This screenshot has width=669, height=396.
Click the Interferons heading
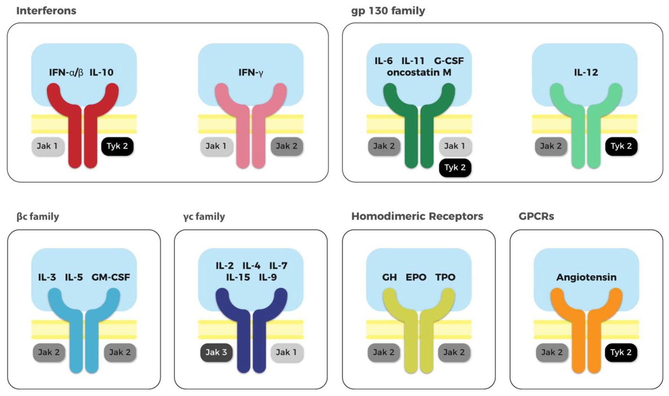click(x=46, y=11)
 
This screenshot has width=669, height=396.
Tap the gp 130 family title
click(x=388, y=11)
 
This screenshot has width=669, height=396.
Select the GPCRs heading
click(x=536, y=216)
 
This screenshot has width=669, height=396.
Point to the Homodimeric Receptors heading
click(x=417, y=216)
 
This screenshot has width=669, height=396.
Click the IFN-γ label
click(x=251, y=72)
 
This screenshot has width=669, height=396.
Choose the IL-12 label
click(x=586, y=72)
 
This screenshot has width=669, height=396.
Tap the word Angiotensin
click(x=586, y=277)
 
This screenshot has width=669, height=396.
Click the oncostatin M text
click(x=419, y=72)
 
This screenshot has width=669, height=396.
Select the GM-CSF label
click(x=111, y=277)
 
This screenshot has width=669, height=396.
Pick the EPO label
click(x=416, y=277)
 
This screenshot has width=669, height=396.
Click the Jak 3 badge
click(x=216, y=352)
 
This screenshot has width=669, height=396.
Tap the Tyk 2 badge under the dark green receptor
click(x=455, y=167)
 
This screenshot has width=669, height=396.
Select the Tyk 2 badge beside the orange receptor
click(x=621, y=352)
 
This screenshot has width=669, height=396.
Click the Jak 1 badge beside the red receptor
click(x=48, y=146)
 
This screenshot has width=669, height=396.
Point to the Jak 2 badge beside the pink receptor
click(x=287, y=146)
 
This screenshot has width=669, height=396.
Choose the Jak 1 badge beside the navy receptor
click(x=286, y=352)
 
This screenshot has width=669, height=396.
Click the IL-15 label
click(x=238, y=277)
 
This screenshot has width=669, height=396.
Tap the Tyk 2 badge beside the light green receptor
click(x=621, y=146)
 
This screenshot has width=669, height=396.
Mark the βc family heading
click(x=38, y=217)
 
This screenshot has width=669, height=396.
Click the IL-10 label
click(x=101, y=72)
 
